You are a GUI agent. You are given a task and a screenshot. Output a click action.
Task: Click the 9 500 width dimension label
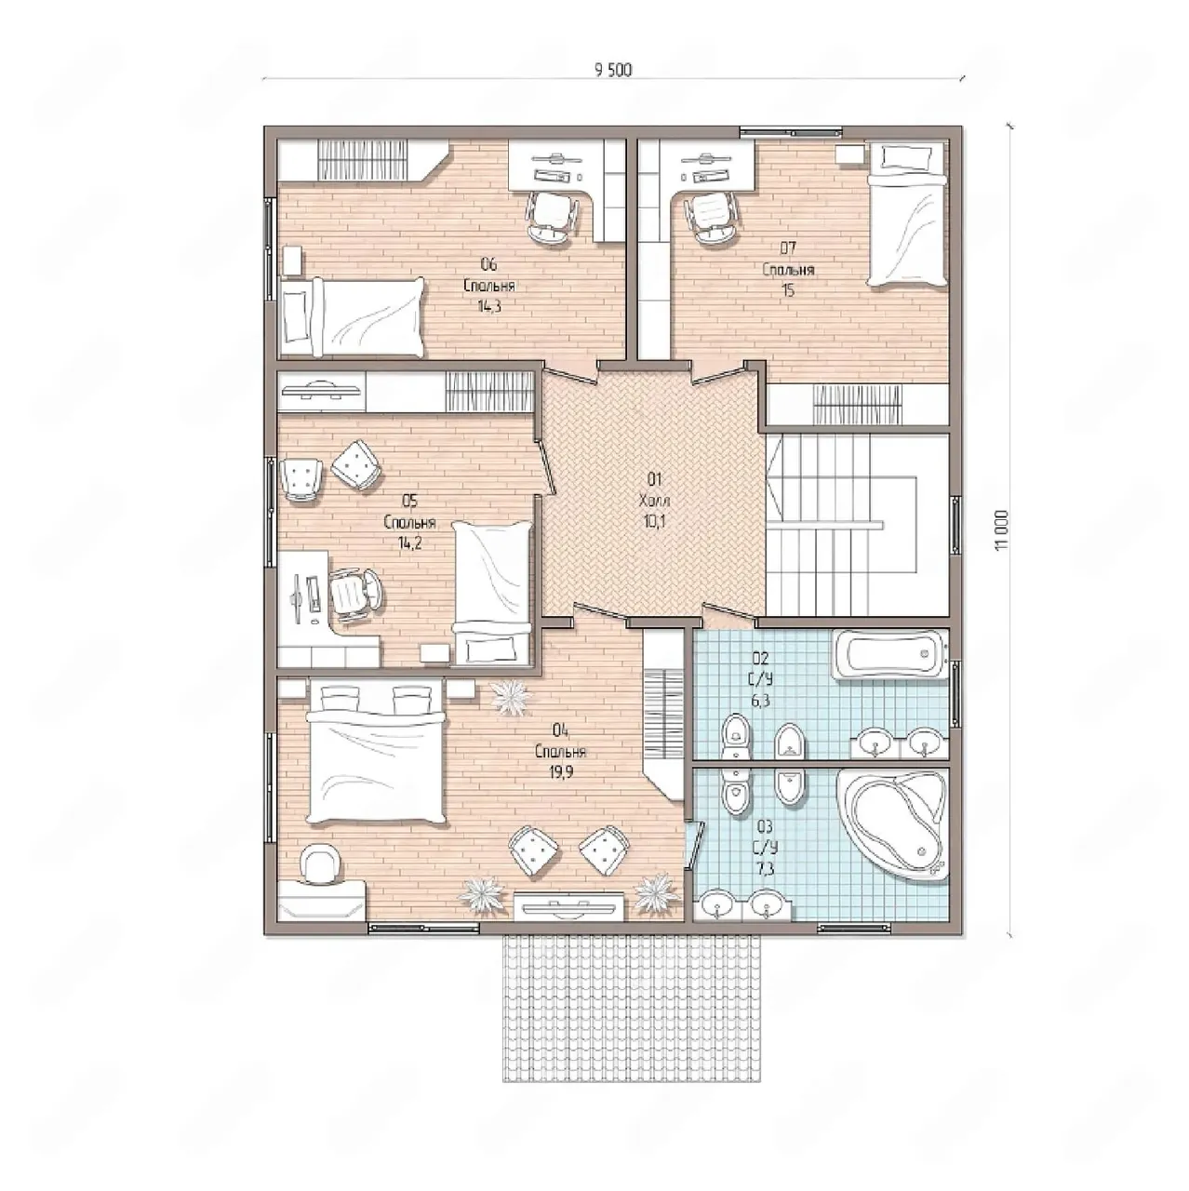[x=613, y=70]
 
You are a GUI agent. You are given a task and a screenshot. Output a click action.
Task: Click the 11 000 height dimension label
[x=1002, y=529]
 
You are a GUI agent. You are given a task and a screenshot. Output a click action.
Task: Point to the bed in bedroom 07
[x=906, y=213]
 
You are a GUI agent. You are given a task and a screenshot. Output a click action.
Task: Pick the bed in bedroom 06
[x=353, y=317]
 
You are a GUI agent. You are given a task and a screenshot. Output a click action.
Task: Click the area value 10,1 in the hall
[x=654, y=521]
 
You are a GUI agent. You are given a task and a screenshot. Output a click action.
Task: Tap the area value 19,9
[x=560, y=771]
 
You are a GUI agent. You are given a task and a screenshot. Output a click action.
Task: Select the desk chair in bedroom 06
[x=553, y=216]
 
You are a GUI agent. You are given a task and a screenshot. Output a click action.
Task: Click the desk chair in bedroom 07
[x=712, y=218]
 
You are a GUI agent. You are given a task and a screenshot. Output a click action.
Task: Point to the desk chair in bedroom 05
[x=355, y=594]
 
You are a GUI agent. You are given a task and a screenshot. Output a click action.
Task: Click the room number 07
[x=788, y=248]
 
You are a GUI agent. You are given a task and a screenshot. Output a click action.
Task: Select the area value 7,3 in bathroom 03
[x=767, y=869]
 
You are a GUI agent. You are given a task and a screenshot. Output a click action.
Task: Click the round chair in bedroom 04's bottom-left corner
[x=319, y=863]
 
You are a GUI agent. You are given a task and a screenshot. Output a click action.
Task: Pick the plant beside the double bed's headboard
[x=511, y=699]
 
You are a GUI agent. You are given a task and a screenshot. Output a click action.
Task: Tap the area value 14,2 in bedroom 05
[x=409, y=543]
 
